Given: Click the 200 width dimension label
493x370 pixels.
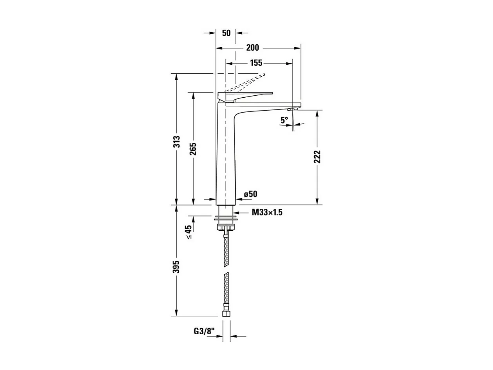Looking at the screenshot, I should [252, 48].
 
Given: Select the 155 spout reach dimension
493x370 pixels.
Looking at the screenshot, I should [256, 63].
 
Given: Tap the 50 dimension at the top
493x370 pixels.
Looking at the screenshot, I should [226, 33].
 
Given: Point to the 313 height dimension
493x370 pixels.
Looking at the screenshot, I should [177, 142].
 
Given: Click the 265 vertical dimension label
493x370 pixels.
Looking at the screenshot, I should [193, 149].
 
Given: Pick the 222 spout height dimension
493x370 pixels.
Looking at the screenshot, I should [317, 157].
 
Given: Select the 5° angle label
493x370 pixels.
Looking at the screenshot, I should [284, 120].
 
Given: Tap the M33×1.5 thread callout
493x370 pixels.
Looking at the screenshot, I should [267, 213].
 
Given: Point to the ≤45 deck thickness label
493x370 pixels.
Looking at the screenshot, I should [188, 232].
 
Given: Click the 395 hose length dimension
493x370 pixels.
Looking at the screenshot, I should [177, 267].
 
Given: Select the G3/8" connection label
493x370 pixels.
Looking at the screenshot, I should [204, 332].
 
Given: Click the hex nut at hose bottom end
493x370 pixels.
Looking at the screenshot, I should [226, 313].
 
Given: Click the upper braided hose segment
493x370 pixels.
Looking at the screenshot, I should [226, 251].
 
